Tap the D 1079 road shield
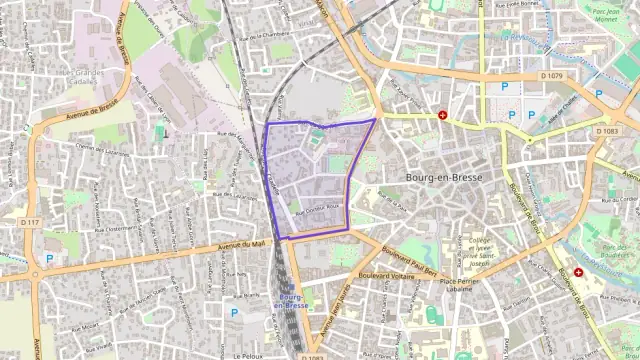pyautogui.click(x=550, y=75)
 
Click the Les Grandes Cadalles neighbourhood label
pyautogui.click(x=85, y=78)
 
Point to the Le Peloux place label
pyautogui.click(x=247, y=355)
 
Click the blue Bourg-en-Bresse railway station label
pyautogui.click(x=291, y=303)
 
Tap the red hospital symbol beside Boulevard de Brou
pyautogui.click(x=578, y=272)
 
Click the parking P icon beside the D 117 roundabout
pyautogui.click(x=48, y=258)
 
